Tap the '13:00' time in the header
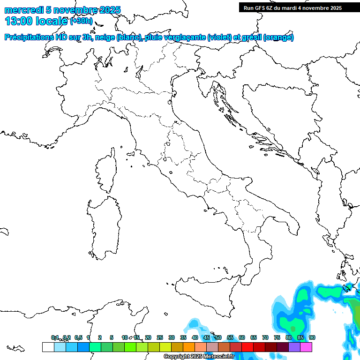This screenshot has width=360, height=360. click(19, 21)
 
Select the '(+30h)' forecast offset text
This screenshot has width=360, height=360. click(82, 21)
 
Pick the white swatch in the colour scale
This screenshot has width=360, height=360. click(48, 347)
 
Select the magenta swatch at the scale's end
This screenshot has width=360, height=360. click(306, 347)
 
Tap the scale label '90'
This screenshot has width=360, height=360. click(312, 337)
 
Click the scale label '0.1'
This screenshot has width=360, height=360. click(55, 337)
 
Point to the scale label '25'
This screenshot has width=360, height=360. click(160, 337)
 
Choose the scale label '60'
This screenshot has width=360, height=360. click(242, 337)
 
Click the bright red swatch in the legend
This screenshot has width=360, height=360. click(247, 347)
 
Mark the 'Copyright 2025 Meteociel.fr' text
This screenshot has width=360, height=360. click(199, 357)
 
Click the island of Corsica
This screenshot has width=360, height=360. click(106, 171)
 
